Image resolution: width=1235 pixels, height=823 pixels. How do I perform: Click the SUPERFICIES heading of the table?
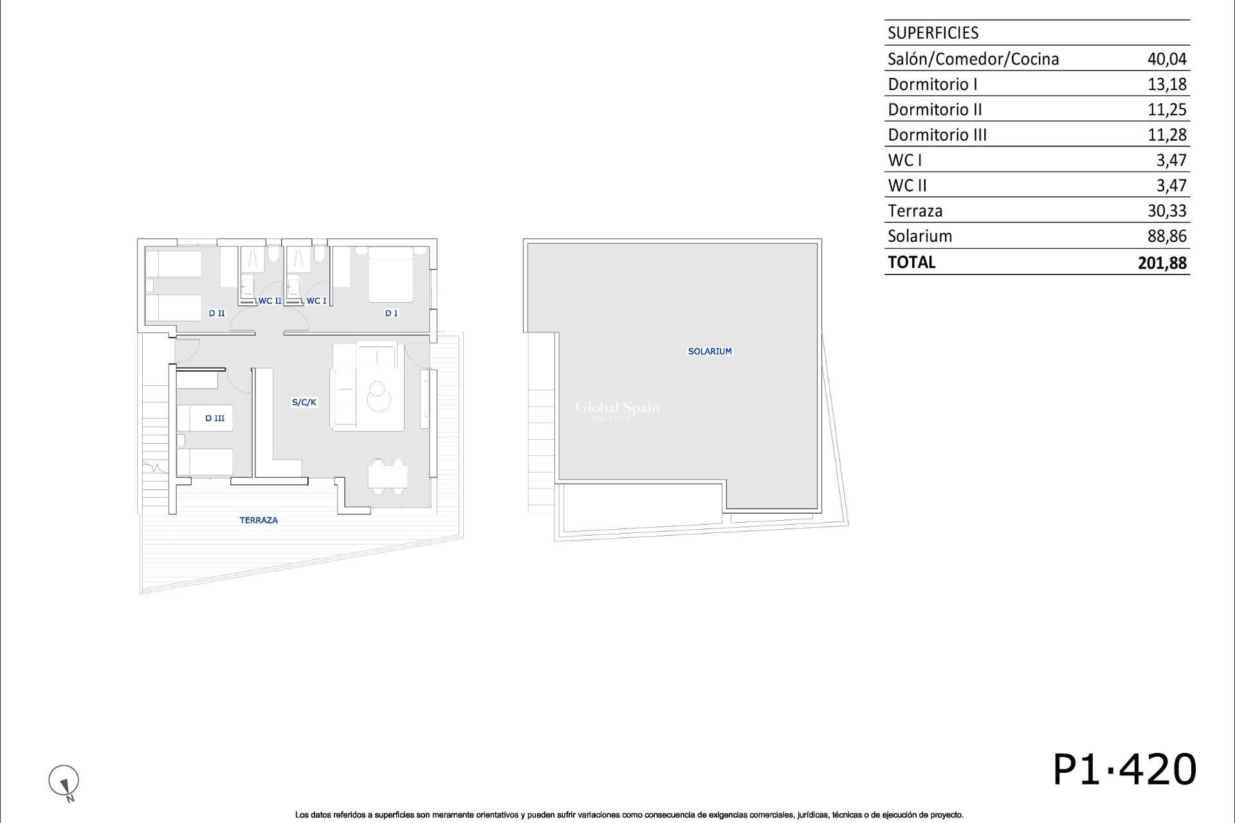click(933, 33)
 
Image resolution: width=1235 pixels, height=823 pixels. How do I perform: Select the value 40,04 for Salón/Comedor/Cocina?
click(1166, 59)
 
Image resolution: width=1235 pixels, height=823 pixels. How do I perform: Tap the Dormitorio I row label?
click(932, 84)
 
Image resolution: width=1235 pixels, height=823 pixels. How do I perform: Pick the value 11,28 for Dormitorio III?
click(1167, 135)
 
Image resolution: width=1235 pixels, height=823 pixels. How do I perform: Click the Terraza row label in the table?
click(915, 211)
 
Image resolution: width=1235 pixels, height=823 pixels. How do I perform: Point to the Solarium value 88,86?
click(1166, 236)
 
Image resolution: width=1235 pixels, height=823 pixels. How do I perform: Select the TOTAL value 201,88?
click(1162, 262)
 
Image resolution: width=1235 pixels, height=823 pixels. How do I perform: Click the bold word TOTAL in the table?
click(911, 262)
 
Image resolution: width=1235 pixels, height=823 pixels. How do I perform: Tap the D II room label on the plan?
click(217, 313)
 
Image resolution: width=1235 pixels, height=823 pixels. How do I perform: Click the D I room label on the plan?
click(391, 313)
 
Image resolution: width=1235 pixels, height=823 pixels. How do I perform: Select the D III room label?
click(215, 418)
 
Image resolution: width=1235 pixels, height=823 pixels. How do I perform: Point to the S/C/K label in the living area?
click(304, 402)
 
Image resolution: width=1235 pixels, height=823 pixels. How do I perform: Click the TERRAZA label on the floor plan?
click(259, 520)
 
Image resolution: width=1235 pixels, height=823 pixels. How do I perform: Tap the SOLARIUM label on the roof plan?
click(709, 351)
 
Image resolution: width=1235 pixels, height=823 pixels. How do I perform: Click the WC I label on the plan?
click(316, 301)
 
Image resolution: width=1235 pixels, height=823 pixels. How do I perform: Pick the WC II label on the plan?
click(270, 301)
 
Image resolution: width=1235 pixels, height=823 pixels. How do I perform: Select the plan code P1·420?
click(1124, 769)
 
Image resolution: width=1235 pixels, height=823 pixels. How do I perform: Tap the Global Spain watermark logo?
click(617, 409)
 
